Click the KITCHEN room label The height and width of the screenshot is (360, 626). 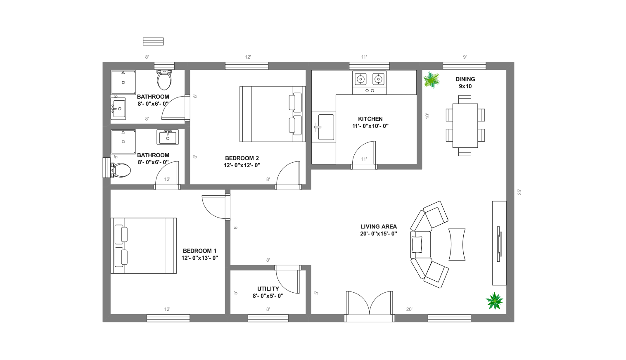pos(370,119)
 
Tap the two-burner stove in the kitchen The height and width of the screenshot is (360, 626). pos(369,82)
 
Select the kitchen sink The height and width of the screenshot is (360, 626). pos(325,127)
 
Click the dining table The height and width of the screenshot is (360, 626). pos(465,125)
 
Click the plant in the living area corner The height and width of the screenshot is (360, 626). pos(494,301)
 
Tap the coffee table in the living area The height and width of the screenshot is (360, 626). pos(457,244)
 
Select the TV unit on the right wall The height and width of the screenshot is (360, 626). pos(499,243)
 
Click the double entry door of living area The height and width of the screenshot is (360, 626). pos(370,306)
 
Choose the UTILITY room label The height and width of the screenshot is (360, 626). pos(268,289)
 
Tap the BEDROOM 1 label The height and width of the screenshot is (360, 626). pos(199,251)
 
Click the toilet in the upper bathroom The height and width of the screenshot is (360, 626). pos(164,80)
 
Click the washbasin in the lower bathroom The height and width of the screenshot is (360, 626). pos(167,137)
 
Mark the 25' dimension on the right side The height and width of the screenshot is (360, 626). pos(519,192)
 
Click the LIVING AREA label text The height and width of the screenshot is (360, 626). pos(378,226)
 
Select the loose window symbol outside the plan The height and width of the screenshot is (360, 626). pos(153,41)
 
